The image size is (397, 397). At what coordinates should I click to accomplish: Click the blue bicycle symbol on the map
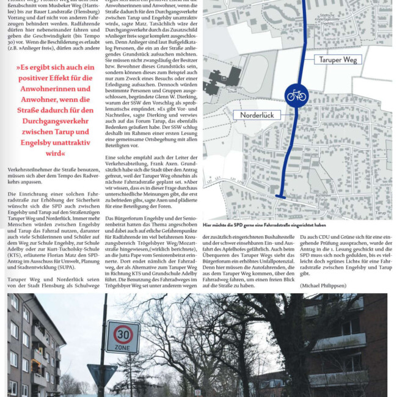296,95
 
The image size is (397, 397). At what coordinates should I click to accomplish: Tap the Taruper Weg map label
338,59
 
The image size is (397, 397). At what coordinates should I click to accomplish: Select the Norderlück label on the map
257,114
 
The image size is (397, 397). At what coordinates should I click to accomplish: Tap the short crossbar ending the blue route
280,196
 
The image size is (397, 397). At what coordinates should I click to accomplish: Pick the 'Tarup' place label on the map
381,213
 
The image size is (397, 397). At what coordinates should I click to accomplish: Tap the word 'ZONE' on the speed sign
123,348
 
